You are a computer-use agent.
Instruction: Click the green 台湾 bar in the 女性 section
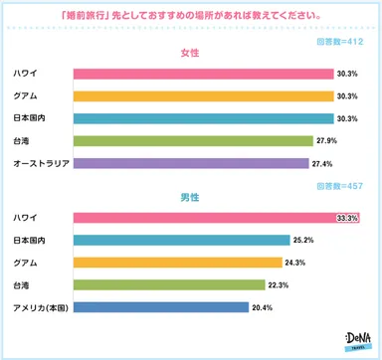click(x=193, y=140)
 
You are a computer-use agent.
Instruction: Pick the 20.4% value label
click(x=264, y=307)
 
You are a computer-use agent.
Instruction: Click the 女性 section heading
click(x=190, y=53)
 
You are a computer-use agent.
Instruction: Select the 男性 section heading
click(x=190, y=198)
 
